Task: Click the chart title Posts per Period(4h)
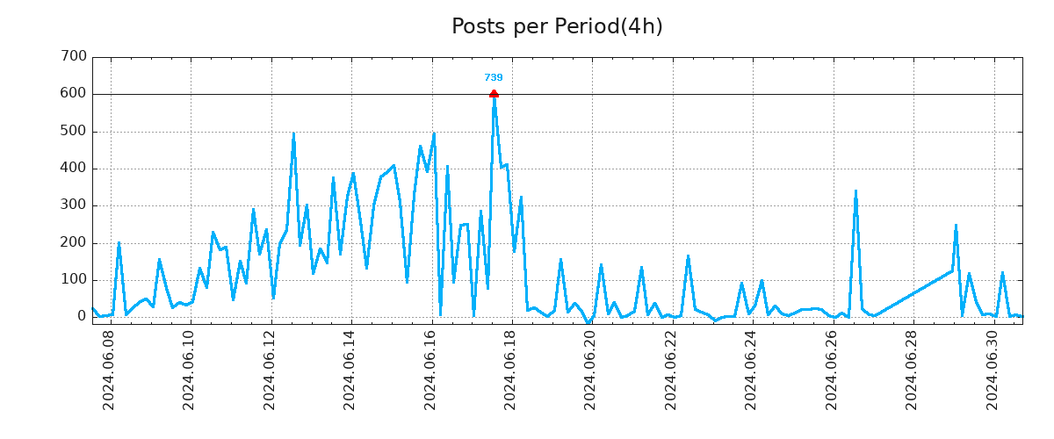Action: pos(557,27)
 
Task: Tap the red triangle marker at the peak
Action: pos(494,93)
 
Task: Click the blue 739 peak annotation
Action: pos(494,78)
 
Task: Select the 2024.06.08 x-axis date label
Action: pos(110,371)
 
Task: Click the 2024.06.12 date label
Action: pos(271,371)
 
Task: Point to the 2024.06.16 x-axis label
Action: pos(430,371)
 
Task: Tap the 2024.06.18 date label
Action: pos(510,371)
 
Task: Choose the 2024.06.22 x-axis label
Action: pos(671,371)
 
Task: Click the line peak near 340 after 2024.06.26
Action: pos(855,191)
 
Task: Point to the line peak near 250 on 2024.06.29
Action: pos(956,226)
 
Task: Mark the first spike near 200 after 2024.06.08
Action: pos(119,243)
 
